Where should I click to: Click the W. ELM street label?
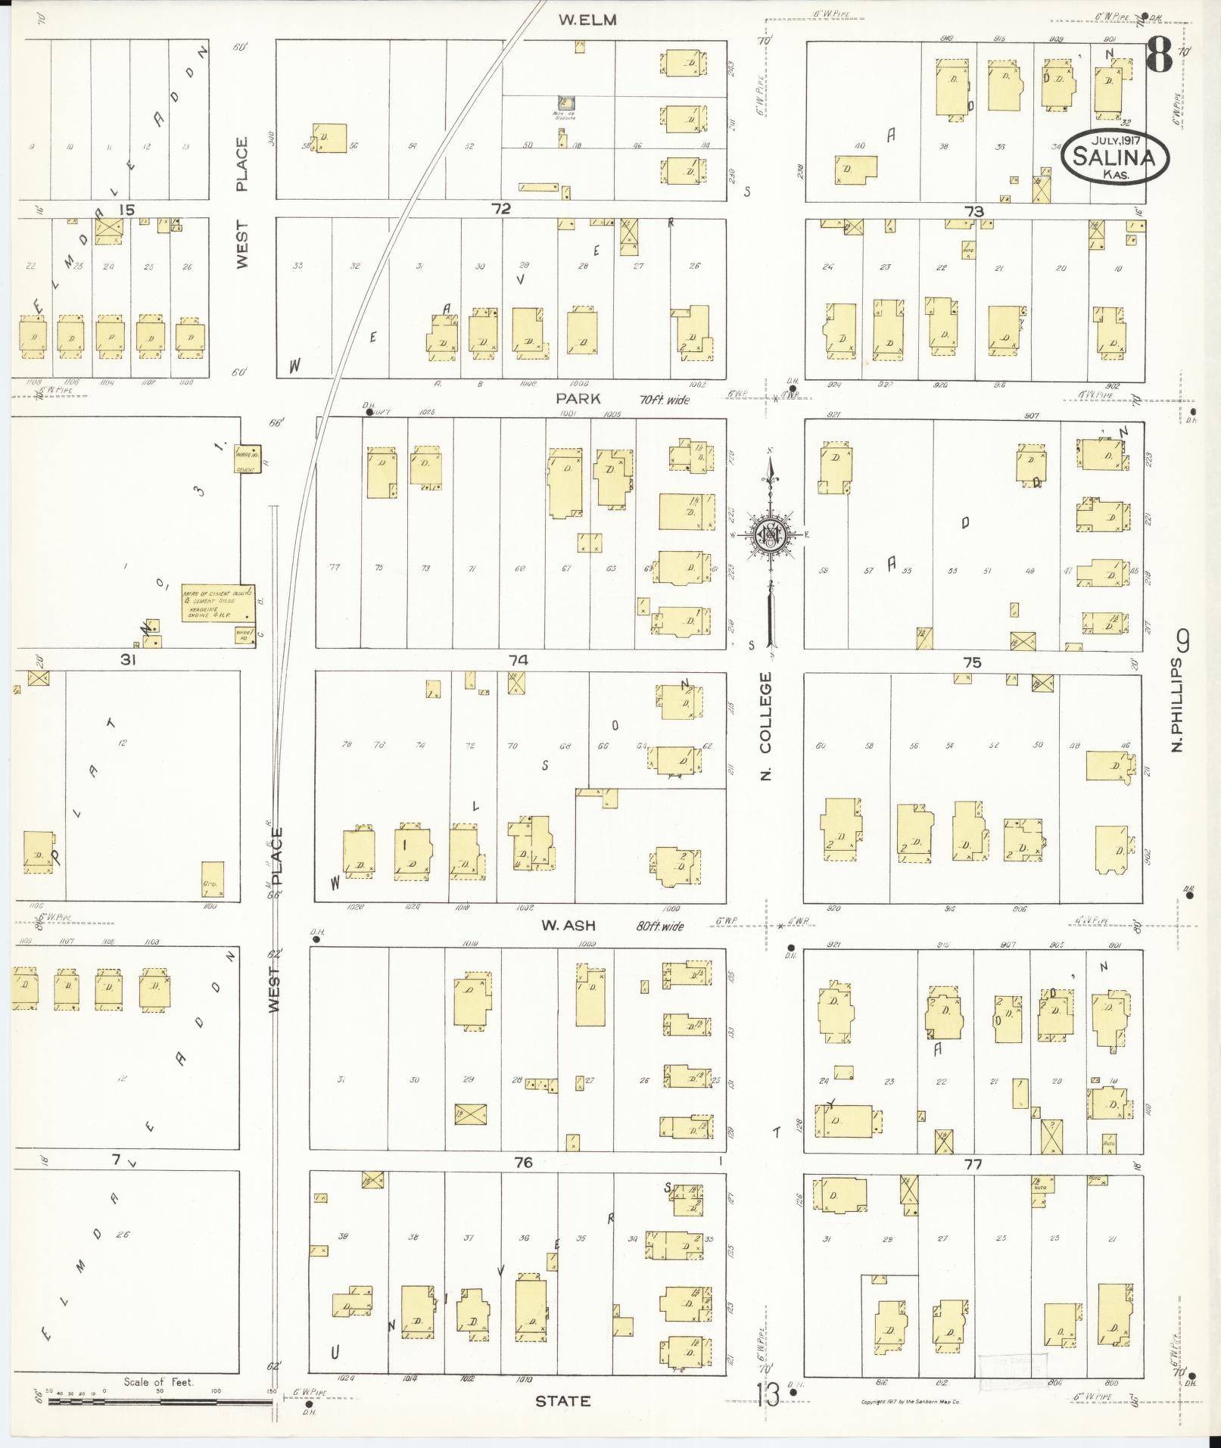tap(587, 20)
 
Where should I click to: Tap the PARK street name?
tap(578, 398)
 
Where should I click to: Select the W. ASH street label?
tap(568, 925)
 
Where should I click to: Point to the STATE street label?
tap(562, 1402)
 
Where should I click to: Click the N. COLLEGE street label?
tap(766, 726)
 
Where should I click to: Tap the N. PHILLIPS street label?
tap(1177, 704)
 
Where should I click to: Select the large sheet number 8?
tap(1159, 54)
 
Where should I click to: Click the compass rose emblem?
tap(771, 534)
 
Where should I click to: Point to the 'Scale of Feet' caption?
tap(159, 1381)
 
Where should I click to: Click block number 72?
tap(500, 208)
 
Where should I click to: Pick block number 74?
tap(518, 660)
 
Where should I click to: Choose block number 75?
tap(972, 662)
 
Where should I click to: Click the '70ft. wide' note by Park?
tap(663, 399)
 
